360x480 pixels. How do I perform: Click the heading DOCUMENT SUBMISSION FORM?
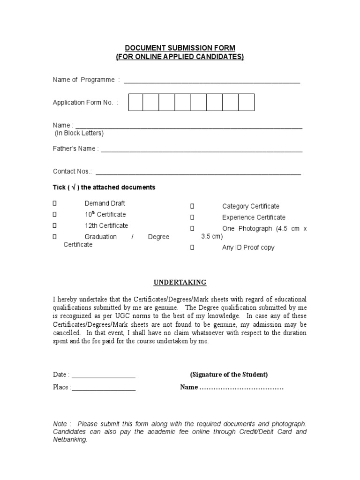point(180,48)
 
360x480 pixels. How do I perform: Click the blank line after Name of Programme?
point(211,81)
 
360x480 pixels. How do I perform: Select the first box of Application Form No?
point(136,102)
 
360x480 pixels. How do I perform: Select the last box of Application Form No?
point(247,102)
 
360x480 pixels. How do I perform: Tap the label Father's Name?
point(75,149)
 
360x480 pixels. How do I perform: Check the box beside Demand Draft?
point(54,203)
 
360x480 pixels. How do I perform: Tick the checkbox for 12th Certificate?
point(54,225)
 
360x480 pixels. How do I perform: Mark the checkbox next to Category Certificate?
point(192,206)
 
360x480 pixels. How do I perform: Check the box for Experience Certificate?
point(192,217)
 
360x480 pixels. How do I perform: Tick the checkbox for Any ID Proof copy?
point(192,247)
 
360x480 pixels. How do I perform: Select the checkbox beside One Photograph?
point(192,229)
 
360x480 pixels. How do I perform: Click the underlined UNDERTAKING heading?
point(180,283)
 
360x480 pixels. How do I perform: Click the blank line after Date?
point(104,375)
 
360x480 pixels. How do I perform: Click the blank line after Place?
point(104,388)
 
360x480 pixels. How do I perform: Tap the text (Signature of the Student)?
point(229,375)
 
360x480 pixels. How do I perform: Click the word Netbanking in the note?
point(70,440)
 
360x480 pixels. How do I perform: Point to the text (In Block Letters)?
point(79,133)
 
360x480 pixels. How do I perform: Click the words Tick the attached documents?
point(104,187)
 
